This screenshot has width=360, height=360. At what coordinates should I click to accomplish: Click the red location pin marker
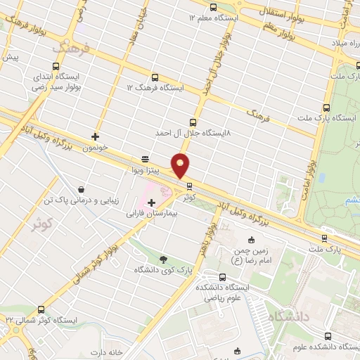[181, 165]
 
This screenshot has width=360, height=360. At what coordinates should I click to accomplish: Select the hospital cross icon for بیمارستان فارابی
[151, 202]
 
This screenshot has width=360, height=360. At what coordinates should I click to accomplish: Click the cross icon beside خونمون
[95, 136]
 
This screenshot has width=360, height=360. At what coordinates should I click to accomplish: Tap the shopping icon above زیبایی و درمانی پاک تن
[82, 189]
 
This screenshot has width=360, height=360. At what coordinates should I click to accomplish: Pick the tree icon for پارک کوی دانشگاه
[164, 259]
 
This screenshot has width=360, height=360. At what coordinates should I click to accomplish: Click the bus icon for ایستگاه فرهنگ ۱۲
[154, 77]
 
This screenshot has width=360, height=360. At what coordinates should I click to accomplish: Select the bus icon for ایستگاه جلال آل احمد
[194, 121]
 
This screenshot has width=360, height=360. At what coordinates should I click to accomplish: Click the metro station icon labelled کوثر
[188, 186]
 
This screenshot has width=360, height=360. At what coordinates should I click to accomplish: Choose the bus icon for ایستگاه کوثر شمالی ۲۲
[41, 309]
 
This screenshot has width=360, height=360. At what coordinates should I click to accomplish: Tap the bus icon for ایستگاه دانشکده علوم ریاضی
[223, 276]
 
